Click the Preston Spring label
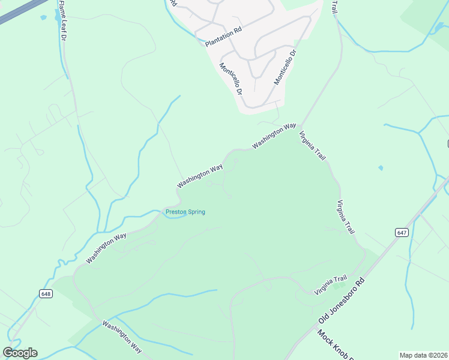click(185, 212)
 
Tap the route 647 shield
click(402, 232)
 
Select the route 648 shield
click(46, 293)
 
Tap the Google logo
click(20, 352)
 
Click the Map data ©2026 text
click(423, 355)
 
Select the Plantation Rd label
click(223, 39)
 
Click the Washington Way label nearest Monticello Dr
click(274, 136)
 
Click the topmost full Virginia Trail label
click(312, 146)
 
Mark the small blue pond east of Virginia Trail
click(381, 167)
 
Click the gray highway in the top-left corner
click(21, 11)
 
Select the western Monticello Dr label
click(231, 79)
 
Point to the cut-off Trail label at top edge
click(335, 7)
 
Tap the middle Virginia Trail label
click(346, 217)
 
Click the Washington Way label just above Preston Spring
click(200, 175)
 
